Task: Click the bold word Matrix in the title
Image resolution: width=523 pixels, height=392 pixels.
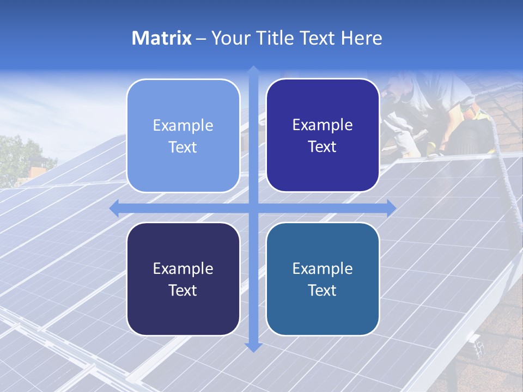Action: [x=162, y=38]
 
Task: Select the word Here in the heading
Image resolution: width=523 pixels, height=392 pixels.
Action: [x=361, y=38]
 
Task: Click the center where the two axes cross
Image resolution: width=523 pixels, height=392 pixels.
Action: [x=253, y=208]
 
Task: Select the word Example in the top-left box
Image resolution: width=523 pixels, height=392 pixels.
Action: [x=183, y=126]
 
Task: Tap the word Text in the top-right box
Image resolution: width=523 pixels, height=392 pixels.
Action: [x=323, y=147]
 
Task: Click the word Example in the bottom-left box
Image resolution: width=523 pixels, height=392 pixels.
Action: [x=183, y=269]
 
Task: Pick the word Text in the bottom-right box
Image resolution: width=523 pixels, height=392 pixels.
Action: [x=323, y=290]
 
